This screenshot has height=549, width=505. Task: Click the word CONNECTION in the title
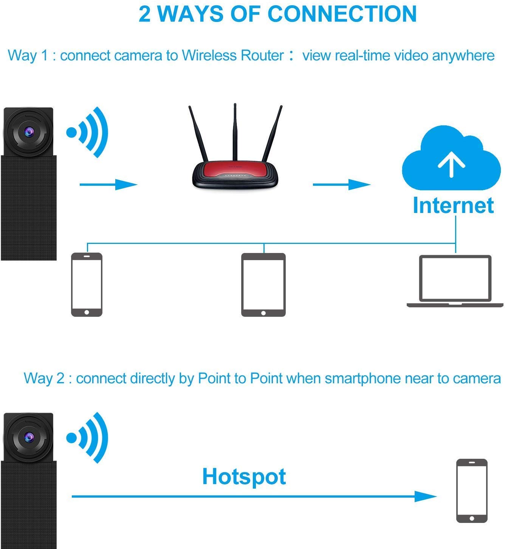(x=342, y=14)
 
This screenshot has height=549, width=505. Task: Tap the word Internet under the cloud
(x=453, y=205)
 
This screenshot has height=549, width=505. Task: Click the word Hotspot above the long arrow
(x=244, y=477)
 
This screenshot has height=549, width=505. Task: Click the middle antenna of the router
(x=235, y=133)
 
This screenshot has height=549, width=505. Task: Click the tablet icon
(x=263, y=285)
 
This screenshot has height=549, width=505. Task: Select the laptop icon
(x=455, y=281)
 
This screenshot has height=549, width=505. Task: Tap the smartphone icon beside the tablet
(x=87, y=285)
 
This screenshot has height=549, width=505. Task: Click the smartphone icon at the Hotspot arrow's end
(x=472, y=491)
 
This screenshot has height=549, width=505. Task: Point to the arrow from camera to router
(x=108, y=185)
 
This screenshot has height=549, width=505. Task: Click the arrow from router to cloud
(x=341, y=185)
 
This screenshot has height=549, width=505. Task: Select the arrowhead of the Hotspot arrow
(x=426, y=496)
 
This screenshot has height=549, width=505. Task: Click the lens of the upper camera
(x=29, y=132)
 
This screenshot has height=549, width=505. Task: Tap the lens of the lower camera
(x=29, y=437)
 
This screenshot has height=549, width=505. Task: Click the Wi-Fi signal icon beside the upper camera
(x=87, y=132)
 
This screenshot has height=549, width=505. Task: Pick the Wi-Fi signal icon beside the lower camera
(x=87, y=438)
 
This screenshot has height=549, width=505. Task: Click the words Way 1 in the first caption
(x=28, y=56)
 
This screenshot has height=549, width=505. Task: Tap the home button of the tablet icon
(x=263, y=313)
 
